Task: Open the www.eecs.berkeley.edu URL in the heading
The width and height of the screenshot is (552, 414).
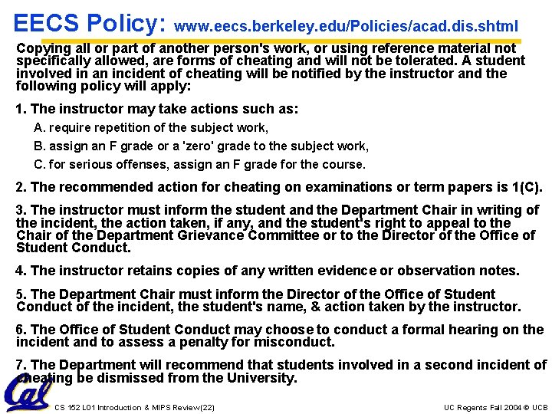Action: (x=346, y=26)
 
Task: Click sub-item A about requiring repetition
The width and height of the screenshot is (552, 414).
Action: (x=151, y=127)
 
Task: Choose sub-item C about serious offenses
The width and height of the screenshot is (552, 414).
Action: (x=200, y=164)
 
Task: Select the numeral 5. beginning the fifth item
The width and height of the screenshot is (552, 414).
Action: (x=21, y=294)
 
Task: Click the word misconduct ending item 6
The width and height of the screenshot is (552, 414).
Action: (x=296, y=342)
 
